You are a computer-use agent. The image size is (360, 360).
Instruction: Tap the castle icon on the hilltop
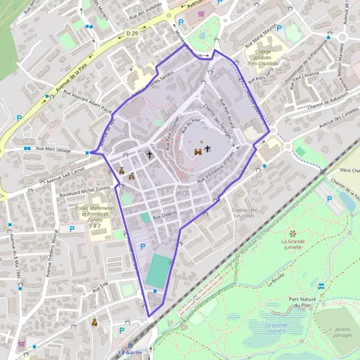(197, 152)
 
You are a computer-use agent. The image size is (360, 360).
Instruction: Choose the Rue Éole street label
(100, 289)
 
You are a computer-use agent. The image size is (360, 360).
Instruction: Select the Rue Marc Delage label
(53, 148)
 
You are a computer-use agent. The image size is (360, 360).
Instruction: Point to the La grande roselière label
(290, 326)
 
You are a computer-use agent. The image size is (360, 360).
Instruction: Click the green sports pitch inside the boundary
(158, 270)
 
